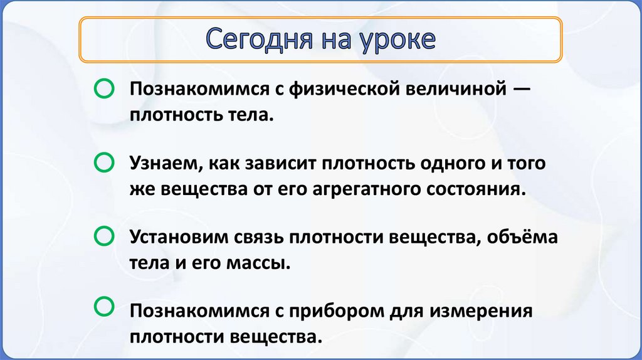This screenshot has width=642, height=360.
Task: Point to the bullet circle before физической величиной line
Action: click(103, 89)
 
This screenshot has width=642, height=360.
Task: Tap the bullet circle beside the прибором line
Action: click(103, 307)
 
